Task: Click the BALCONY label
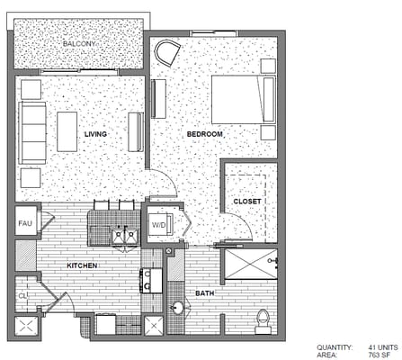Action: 80,43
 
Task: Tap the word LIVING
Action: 95,134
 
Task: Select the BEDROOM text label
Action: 205,134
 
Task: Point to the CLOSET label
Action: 246,201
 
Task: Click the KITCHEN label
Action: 82,266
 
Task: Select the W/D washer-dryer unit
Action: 158,225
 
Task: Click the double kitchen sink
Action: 123,236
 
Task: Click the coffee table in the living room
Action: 67,130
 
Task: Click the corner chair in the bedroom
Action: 167,52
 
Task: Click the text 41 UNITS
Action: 383,346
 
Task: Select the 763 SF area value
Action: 378,355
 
